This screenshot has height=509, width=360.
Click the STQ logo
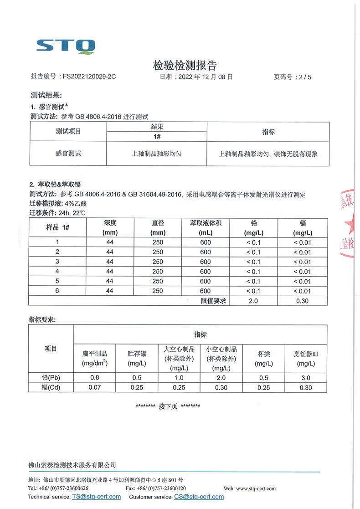pyautogui.click(x=66, y=46)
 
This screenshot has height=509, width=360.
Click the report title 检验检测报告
pyautogui.click(x=185, y=65)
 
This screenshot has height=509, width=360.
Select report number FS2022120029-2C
pyautogui.click(x=89, y=77)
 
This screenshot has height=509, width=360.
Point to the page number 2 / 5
pyautogui.click(x=303, y=77)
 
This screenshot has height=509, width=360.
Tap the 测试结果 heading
pyautogui.click(x=46, y=95)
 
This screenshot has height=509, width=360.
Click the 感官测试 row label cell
pyautogui.click(x=68, y=154)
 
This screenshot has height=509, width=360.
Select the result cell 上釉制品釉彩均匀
pyautogui.click(x=157, y=154)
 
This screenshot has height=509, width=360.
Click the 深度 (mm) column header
pyautogui.click(x=110, y=227)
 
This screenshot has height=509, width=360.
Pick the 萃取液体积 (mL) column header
pyautogui.click(x=206, y=227)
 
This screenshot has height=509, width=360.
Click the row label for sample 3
pyautogui.click(x=57, y=262)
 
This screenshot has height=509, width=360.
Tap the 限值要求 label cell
pyautogui.click(x=214, y=301)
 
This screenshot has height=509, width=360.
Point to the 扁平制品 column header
pyautogui.click(x=95, y=358)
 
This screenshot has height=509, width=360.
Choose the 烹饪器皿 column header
pyautogui.click(x=306, y=358)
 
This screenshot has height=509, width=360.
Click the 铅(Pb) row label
pyautogui.click(x=51, y=377)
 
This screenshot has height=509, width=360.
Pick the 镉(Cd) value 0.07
pyautogui.click(x=95, y=387)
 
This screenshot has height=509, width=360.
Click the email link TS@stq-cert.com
pyautogui.click(x=96, y=497)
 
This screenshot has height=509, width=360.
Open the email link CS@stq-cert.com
pyautogui.click(x=199, y=497)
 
